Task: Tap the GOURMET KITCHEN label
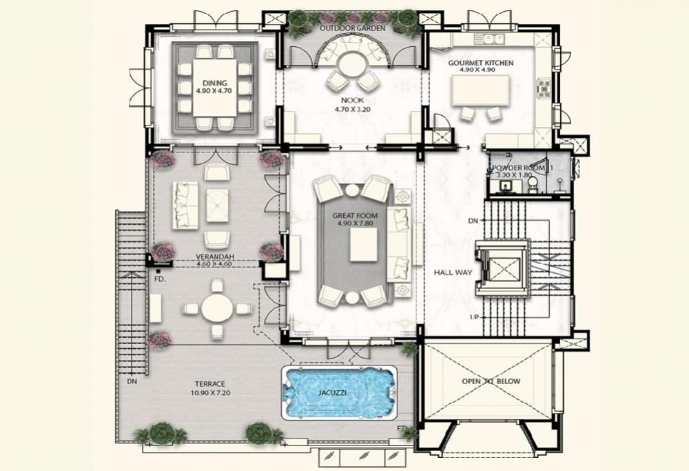(x=481, y=63)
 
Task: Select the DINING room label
(x=215, y=83)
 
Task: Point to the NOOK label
(x=352, y=101)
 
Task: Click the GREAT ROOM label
(x=355, y=215)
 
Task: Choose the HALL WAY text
(x=453, y=272)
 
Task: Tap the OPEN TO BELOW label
(x=491, y=381)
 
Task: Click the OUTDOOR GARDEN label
(x=352, y=28)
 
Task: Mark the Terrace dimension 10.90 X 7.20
(x=210, y=392)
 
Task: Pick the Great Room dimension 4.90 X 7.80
(x=355, y=223)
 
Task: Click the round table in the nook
(x=351, y=65)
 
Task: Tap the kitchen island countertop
(x=480, y=90)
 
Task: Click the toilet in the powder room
(x=533, y=185)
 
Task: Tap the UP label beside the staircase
(x=474, y=317)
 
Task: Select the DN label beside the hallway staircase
(x=473, y=221)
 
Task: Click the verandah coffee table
(x=217, y=205)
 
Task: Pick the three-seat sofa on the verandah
(x=185, y=206)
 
